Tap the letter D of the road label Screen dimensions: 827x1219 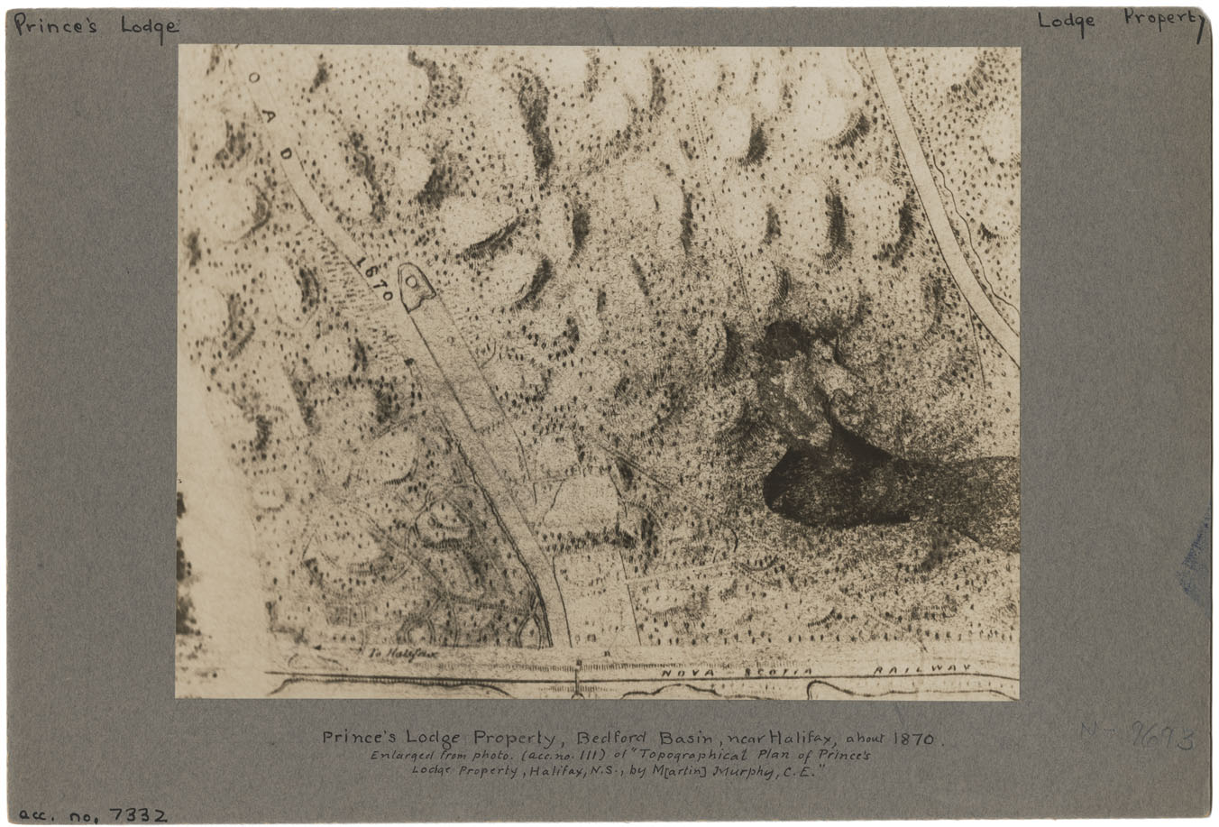pos(287,153)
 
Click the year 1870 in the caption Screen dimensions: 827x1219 pos(915,738)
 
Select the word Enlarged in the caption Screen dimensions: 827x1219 pos(403,755)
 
